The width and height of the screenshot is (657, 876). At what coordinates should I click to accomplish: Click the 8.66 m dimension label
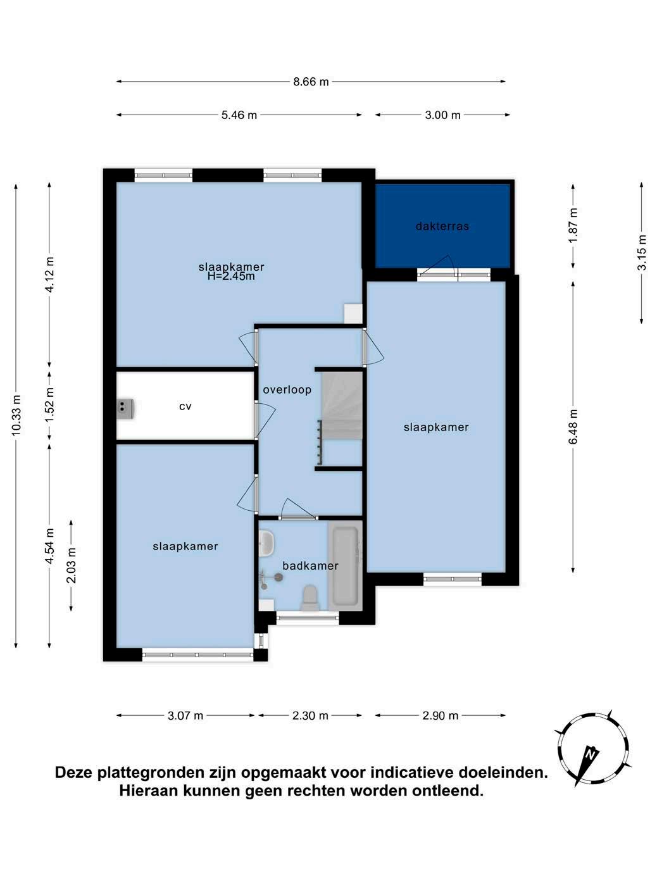(311, 82)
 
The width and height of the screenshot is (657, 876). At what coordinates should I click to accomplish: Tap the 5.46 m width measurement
(239, 115)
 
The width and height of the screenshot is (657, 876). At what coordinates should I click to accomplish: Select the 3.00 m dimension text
(442, 115)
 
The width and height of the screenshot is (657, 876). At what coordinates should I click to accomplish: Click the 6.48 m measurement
(573, 427)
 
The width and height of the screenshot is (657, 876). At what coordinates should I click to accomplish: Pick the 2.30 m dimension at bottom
(310, 716)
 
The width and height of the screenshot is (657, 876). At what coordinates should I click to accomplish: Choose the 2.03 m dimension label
(72, 565)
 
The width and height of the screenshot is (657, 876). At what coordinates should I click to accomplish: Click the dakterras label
(442, 227)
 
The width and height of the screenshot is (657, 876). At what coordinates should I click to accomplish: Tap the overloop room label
(287, 389)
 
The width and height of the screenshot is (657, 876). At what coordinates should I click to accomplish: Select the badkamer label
(310, 565)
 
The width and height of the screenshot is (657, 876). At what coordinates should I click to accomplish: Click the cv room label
(185, 407)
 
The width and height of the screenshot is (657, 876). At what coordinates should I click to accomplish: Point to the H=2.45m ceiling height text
(231, 276)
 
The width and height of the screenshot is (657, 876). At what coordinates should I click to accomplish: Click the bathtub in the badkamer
(345, 566)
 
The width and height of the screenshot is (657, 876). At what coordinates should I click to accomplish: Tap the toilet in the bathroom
(311, 598)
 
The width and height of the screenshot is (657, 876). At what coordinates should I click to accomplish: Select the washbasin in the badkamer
(266, 543)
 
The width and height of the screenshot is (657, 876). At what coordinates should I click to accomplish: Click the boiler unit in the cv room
(125, 409)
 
